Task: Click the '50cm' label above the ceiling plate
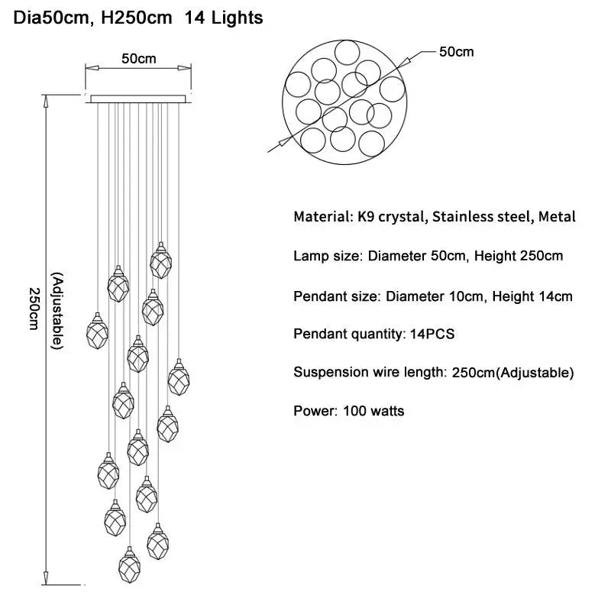(x=139, y=59)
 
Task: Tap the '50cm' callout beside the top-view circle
(x=456, y=52)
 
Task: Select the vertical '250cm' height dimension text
(x=34, y=309)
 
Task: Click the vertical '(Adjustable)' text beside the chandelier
(x=57, y=311)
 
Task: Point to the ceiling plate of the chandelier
(x=138, y=99)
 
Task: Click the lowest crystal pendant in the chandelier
(x=129, y=565)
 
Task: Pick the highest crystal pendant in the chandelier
(x=161, y=260)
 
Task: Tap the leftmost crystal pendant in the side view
(x=97, y=331)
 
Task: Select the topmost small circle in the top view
(x=348, y=53)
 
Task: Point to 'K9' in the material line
(x=366, y=217)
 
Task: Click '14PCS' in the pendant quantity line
(x=432, y=334)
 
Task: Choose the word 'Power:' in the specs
(x=315, y=411)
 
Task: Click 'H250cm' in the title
(x=137, y=18)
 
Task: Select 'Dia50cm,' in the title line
(x=53, y=18)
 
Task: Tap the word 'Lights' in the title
(x=237, y=18)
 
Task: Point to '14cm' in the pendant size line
(x=555, y=296)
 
